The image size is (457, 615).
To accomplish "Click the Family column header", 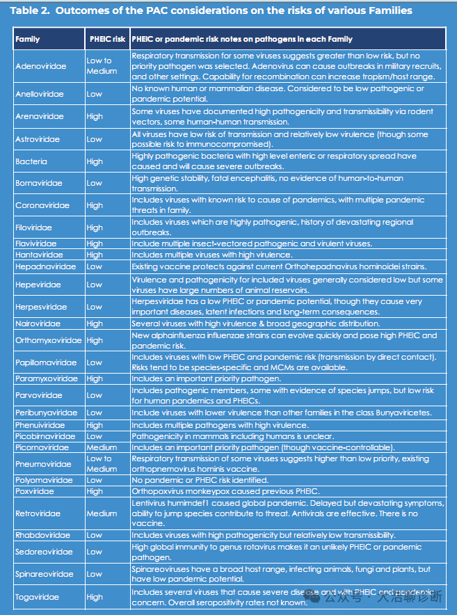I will [28, 39].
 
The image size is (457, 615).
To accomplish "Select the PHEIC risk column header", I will [107, 39].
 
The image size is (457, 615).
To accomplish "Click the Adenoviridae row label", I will [41, 65].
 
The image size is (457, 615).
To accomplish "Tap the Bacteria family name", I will [31, 161].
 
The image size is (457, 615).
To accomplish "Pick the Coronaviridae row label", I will [42, 206].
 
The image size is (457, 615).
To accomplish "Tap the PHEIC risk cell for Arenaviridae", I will [95, 117].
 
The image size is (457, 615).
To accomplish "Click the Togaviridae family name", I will [38, 597].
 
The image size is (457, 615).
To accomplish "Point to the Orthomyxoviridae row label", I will [49, 340].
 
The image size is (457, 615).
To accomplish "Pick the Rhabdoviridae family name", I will [42, 536].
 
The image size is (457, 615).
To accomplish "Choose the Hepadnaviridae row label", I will [45, 266].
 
